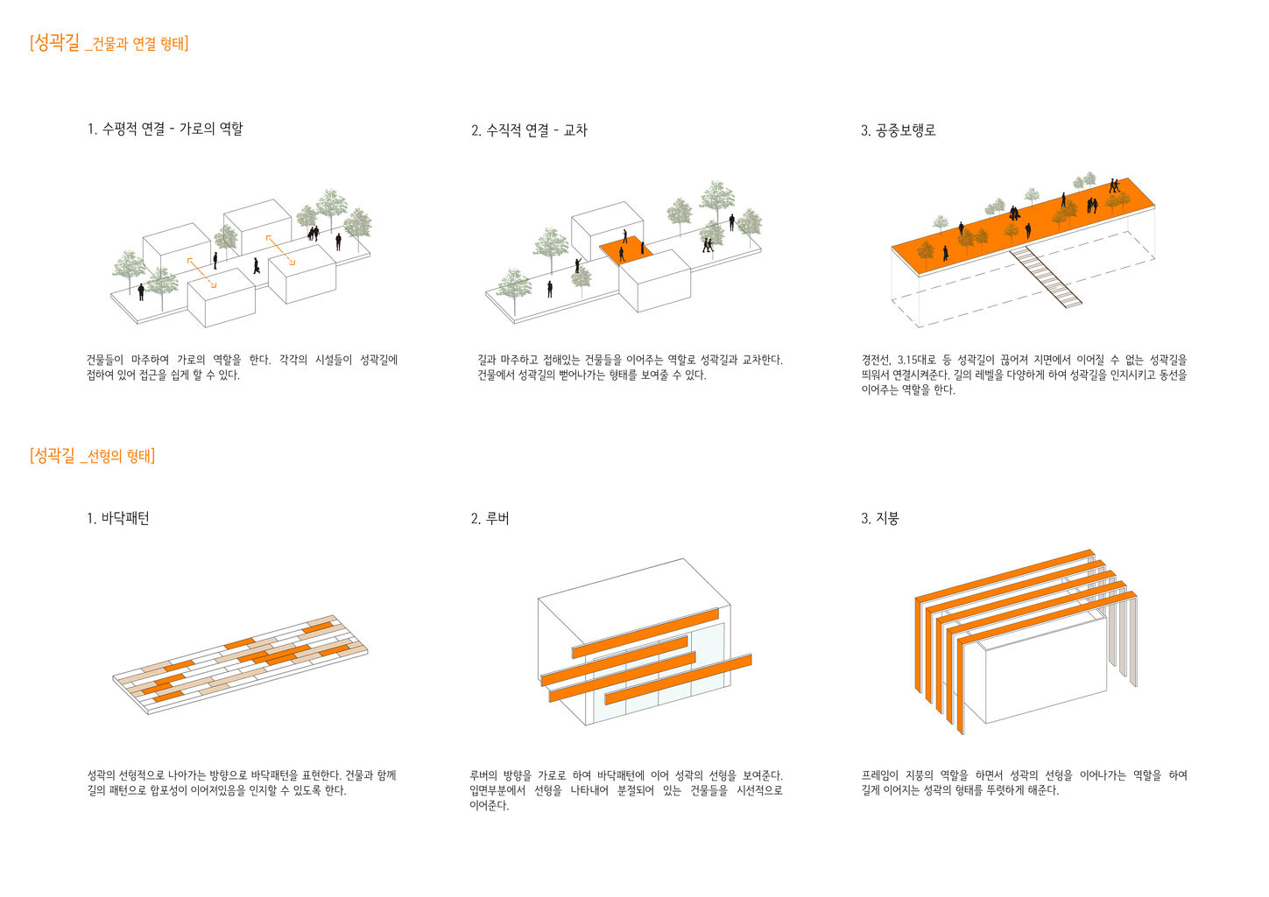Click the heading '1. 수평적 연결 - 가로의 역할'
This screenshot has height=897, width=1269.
(x=165, y=130)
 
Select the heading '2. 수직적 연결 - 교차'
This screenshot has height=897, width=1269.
(x=529, y=130)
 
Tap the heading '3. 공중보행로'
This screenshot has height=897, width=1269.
(x=898, y=130)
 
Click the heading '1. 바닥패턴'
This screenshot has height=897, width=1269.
(x=118, y=518)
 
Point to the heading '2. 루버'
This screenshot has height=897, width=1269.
(x=490, y=518)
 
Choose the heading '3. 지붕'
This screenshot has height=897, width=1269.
(x=879, y=518)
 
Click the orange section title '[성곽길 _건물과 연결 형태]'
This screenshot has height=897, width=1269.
(x=109, y=43)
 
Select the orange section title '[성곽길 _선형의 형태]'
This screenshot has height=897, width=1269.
(x=92, y=455)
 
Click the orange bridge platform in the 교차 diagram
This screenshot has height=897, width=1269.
(x=627, y=251)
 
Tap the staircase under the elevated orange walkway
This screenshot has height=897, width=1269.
(x=1047, y=276)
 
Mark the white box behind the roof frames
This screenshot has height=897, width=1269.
(x=1042, y=674)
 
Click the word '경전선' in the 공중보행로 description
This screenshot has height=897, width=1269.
(x=876, y=360)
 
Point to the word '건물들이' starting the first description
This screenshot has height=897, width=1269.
(x=104, y=360)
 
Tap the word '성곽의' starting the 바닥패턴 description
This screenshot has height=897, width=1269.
(x=101, y=775)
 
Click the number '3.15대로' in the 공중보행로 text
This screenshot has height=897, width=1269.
(x=917, y=360)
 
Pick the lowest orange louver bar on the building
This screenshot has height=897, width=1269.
(x=678, y=680)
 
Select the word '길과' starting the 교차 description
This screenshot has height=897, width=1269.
(x=486, y=360)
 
